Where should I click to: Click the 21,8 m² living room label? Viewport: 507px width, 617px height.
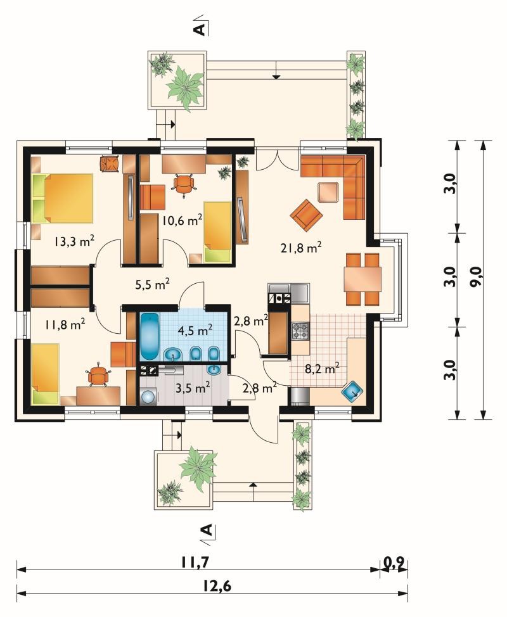pos(301,248)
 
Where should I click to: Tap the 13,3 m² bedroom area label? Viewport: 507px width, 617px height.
pos(74,240)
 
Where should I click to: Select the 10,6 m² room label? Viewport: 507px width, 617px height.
pos(183,220)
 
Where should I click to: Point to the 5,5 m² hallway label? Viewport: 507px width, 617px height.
pos(152,284)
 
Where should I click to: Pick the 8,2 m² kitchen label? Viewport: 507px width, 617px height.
pos(323,369)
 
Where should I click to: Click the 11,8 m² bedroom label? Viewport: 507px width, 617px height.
pos(65,324)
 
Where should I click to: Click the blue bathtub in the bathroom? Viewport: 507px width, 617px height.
pos(149,336)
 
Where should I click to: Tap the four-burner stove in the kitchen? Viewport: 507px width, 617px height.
pos(300,331)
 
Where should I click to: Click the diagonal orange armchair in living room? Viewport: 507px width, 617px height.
pos(306,215)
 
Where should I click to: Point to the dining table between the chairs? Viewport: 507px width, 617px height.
pos(363,279)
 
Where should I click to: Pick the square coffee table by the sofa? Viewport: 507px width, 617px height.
pos(329,192)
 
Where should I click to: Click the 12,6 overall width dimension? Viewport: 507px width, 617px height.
pos(217,587)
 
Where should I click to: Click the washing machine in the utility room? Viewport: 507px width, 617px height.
pos(148,397)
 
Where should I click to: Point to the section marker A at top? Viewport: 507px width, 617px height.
pos(201,29)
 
